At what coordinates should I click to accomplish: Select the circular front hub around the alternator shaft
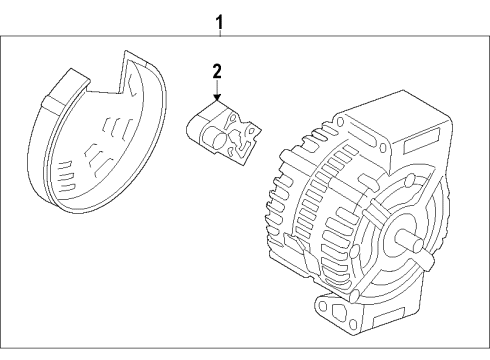click(390, 240)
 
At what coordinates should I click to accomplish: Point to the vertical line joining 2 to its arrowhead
click(214, 88)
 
